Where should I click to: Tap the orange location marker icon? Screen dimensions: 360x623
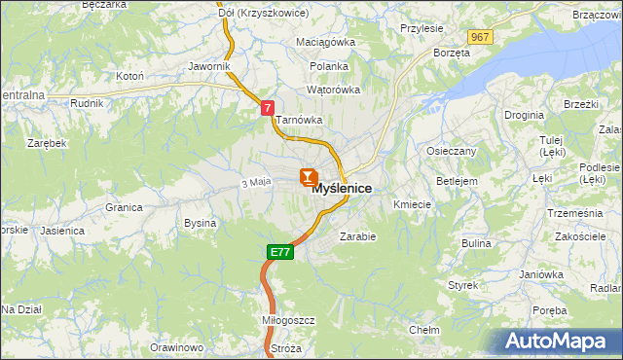coord(308,177)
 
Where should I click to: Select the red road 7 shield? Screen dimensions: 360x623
coord(267,110)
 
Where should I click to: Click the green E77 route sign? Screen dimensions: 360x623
coord(279,252)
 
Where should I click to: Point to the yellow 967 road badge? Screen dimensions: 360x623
coord(479,36)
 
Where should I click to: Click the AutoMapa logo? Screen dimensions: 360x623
coord(563,342)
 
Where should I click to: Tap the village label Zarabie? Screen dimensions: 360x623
coord(357,235)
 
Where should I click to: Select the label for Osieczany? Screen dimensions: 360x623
coord(451,151)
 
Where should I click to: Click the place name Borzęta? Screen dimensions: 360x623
coord(452,53)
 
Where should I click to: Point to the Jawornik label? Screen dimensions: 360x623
coord(209,66)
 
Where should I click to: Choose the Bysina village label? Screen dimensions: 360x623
coord(200,223)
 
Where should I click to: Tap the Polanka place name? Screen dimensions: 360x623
coord(329,66)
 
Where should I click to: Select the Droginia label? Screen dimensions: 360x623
coord(524,115)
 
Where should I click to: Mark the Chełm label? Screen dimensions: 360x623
coord(424,330)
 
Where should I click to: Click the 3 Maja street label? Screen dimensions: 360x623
coord(254,183)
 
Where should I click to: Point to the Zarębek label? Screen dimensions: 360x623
coord(47,142)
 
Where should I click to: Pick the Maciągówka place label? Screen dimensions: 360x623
coord(326,43)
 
